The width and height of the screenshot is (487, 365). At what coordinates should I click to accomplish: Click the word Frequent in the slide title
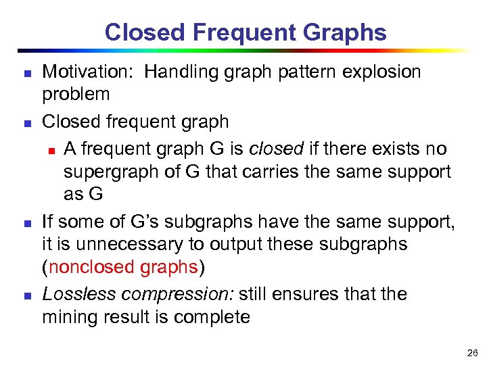241,32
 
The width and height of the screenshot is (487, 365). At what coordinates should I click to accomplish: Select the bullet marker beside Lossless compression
26,295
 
